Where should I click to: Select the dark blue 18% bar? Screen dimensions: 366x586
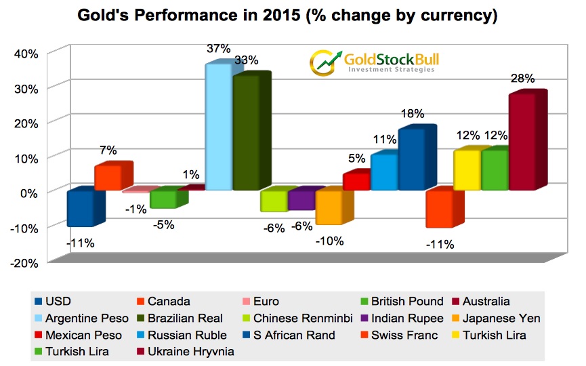(412, 159)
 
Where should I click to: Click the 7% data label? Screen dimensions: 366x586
(108, 150)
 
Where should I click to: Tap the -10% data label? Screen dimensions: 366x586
(330, 240)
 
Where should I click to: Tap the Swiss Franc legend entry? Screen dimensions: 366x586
(421, 334)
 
